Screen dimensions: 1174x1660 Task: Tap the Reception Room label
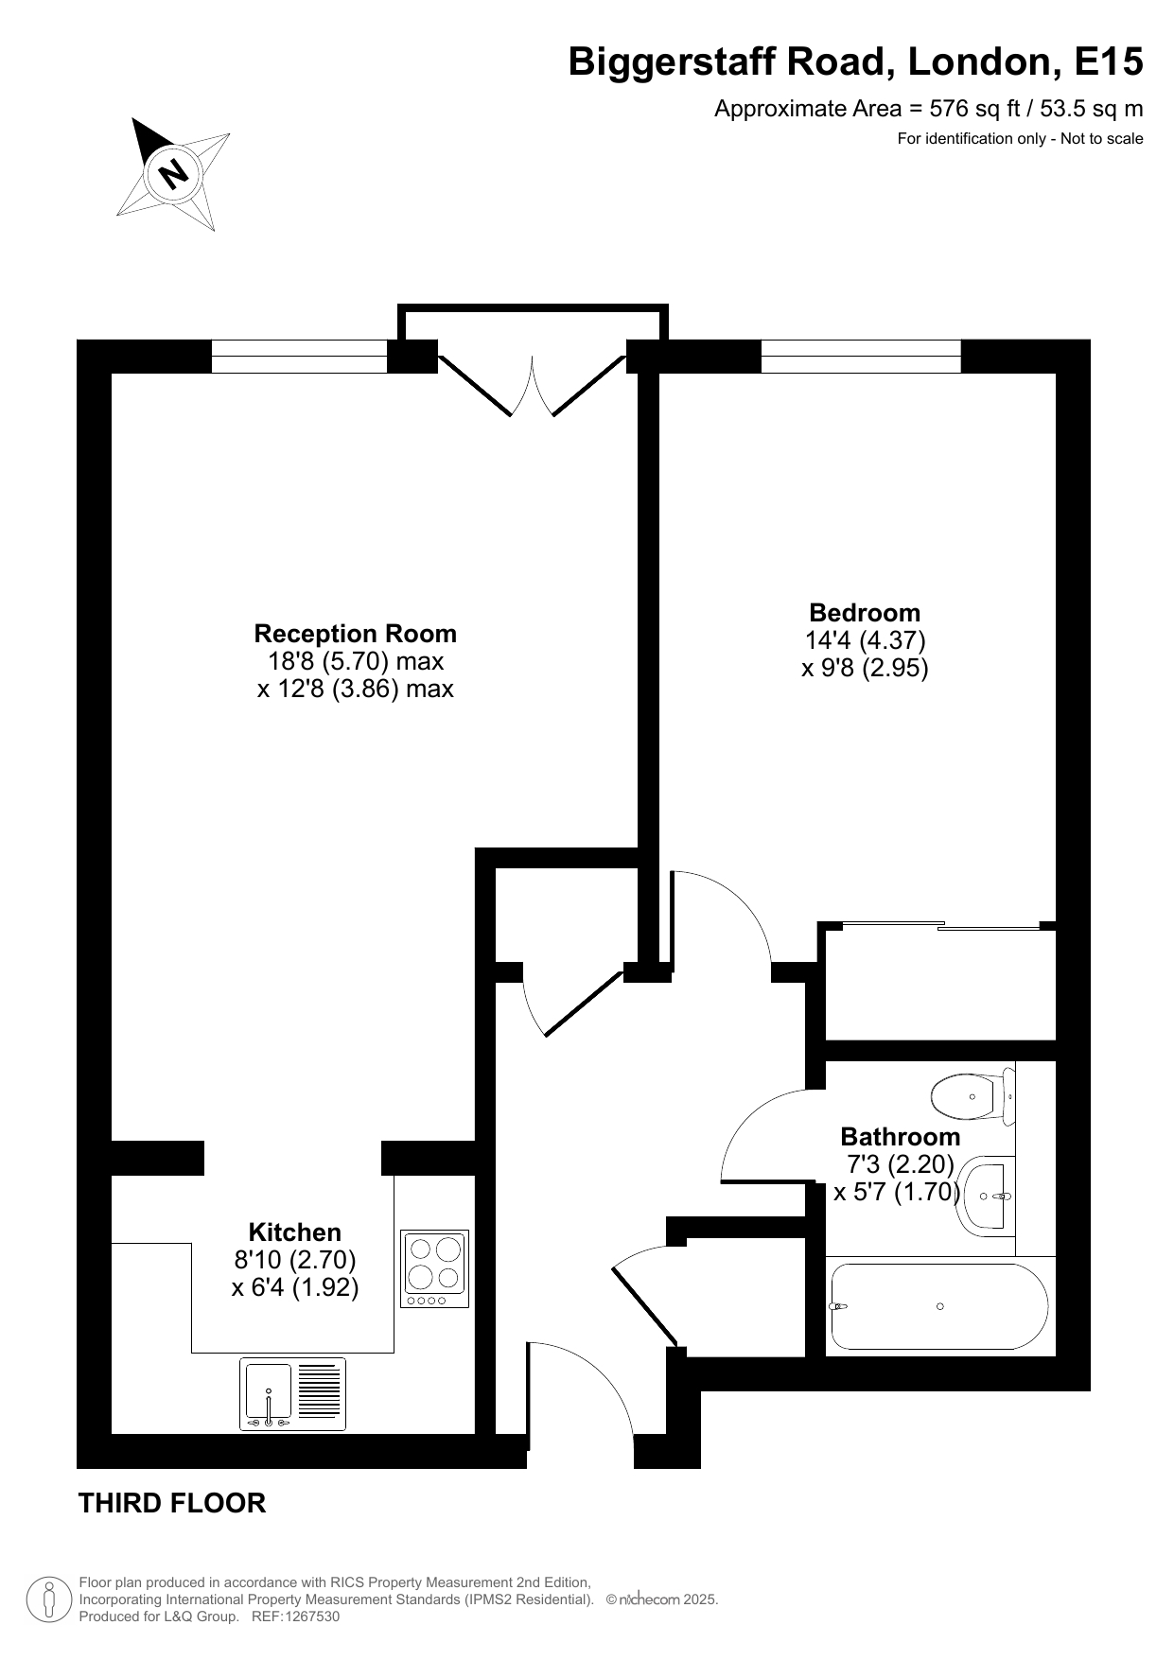(356, 634)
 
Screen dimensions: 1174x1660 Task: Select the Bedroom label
(865, 612)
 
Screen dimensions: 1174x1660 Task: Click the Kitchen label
(294, 1232)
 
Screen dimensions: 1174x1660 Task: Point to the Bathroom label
(900, 1136)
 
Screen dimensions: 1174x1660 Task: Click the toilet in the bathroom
(972, 1097)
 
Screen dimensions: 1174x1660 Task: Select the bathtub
(939, 1306)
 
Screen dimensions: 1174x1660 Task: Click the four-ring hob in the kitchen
(435, 1268)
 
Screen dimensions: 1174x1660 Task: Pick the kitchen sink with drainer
(292, 1394)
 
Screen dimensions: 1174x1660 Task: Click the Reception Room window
(299, 357)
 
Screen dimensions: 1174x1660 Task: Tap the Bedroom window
(861, 357)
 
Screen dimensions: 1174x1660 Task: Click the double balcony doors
(533, 385)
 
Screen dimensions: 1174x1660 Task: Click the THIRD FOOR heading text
(172, 1503)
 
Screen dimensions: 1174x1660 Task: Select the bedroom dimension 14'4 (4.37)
(865, 640)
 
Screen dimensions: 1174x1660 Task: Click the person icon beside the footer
(49, 1599)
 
